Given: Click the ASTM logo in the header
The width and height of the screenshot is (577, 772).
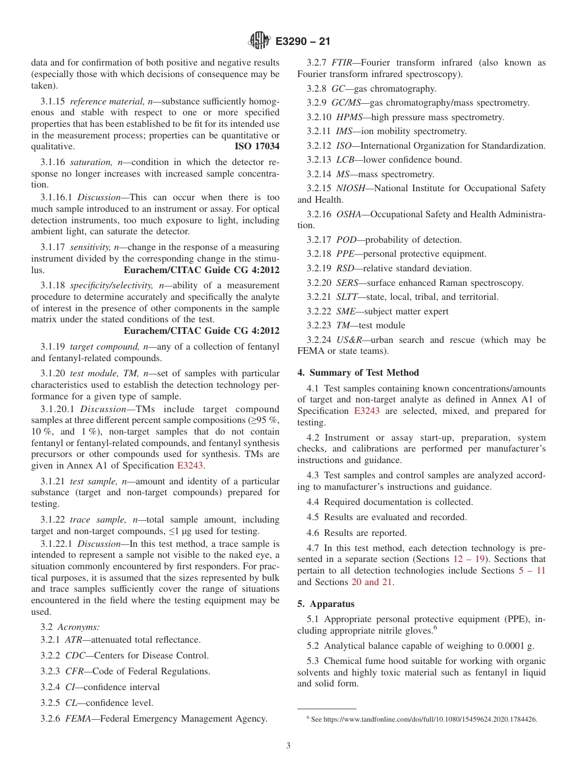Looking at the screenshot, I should (259, 41).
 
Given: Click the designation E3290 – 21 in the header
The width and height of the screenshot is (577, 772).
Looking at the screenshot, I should (302, 42).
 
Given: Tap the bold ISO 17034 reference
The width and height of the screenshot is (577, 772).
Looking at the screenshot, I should (257, 146).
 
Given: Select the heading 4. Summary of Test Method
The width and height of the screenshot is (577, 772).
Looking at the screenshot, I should (358, 373).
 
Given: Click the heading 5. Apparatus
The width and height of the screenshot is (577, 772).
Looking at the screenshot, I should (326, 604).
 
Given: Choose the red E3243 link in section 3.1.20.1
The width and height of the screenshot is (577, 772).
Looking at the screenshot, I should (190, 466).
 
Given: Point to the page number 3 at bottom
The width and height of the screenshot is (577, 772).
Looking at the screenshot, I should (288, 745).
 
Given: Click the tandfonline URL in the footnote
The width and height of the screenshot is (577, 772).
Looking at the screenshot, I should (424, 719).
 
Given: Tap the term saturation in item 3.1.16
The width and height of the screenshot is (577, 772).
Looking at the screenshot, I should (89, 162).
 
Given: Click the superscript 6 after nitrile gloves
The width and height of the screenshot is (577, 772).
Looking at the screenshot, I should (435, 628).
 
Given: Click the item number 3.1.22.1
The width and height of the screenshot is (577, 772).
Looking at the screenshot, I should (57, 544).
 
